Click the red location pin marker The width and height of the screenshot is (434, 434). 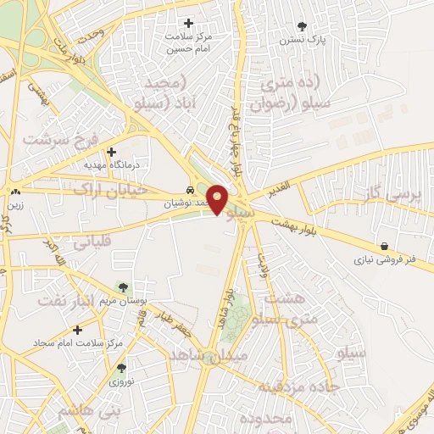point(218,199)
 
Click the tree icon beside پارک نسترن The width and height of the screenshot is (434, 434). point(303,26)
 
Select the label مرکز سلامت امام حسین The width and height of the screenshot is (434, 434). point(188,43)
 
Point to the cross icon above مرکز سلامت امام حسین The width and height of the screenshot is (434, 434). point(188,23)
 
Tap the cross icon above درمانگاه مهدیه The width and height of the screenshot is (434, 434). point(111,151)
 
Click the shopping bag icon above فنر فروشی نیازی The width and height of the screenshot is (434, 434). point(385,247)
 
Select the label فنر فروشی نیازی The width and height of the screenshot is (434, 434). point(386,260)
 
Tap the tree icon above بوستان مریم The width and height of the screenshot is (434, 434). point(124,287)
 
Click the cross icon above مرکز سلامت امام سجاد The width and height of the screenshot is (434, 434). point(77,329)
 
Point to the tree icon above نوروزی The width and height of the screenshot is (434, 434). point(122,368)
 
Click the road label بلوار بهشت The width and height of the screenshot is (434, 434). point(293,223)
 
